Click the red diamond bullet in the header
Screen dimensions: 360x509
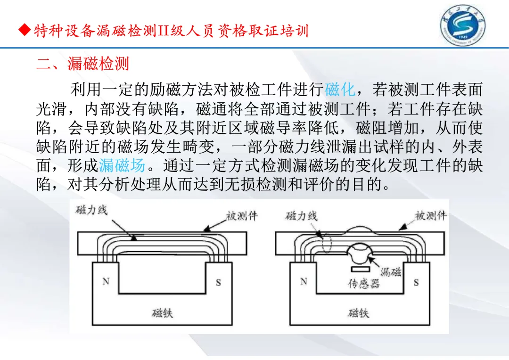click(24, 31)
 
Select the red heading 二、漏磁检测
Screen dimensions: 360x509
click(82, 64)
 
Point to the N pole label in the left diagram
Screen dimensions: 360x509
click(106, 281)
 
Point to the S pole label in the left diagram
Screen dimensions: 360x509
click(218, 283)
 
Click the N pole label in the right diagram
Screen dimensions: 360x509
click(304, 281)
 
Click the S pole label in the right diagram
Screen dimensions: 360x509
click(416, 283)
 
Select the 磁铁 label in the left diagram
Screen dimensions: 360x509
click(162, 312)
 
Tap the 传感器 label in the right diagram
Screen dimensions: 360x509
click(363, 284)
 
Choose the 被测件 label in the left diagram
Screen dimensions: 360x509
click(242, 216)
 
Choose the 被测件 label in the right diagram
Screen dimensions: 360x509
click(430, 216)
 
